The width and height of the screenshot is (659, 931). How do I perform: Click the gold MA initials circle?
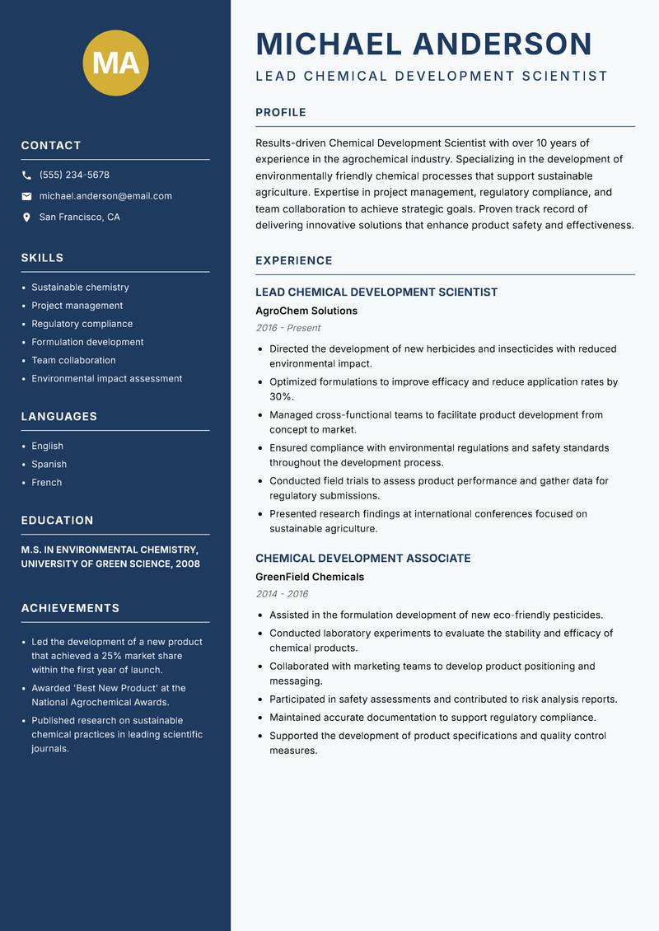(115, 63)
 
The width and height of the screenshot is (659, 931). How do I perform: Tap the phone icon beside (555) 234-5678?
(26, 175)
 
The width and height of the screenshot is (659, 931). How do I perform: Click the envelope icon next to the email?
(26, 196)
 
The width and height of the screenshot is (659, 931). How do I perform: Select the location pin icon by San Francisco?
(26, 218)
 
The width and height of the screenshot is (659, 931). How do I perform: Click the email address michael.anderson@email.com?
(105, 196)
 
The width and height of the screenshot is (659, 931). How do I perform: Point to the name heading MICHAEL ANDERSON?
(423, 44)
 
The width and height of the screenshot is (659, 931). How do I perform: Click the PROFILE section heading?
(280, 113)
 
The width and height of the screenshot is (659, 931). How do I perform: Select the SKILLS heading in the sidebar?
(42, 258)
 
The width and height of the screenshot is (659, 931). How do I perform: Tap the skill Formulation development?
(87, 342)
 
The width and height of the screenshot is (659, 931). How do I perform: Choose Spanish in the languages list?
(49, 464)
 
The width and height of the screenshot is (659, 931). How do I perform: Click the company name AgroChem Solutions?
(306, 311)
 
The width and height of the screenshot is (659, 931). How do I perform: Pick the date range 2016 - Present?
(287, 328)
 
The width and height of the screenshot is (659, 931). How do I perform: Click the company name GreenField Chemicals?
(309, 577)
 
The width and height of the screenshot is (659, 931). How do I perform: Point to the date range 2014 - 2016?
(282, 594)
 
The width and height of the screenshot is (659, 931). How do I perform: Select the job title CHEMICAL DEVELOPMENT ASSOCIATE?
(362, 558)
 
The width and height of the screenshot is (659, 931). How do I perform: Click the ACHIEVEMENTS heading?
(70, 608)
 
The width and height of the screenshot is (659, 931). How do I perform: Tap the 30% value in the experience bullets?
(281, 396)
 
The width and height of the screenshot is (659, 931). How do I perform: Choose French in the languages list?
(46, 482)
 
